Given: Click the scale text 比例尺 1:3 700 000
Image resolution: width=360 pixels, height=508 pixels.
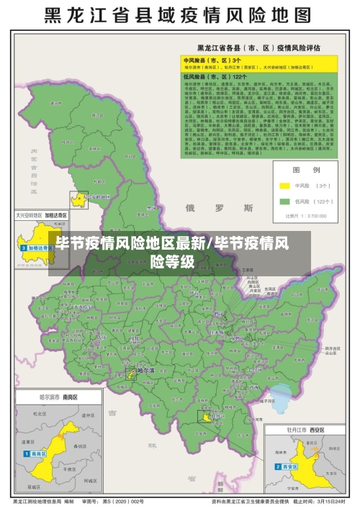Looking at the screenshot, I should [305, 214].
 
